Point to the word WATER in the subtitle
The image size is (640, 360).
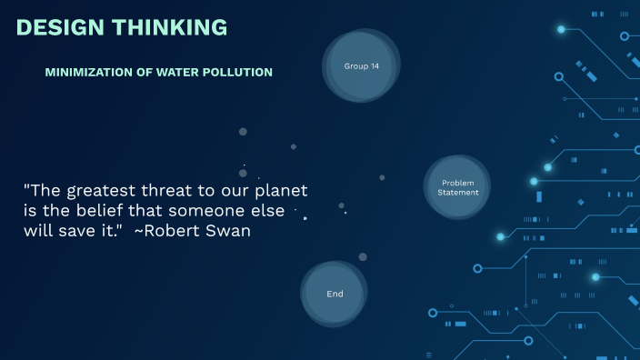(x=180, y=72)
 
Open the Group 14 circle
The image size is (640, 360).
(x=361, y=66)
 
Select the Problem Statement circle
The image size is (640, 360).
(x=457, y=187)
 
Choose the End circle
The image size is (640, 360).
(x=335, y=294)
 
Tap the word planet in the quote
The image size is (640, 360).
(x=280, y=193)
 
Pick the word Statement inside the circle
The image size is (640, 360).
(x=457, y=193)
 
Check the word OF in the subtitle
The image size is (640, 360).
(x=147, y=72)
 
